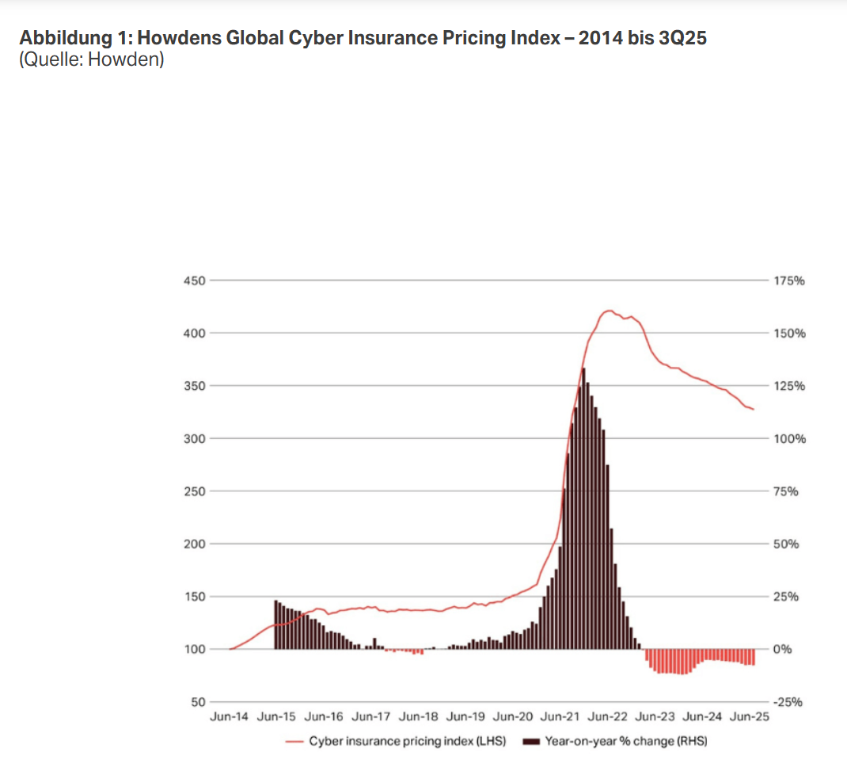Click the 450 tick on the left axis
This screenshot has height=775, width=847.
tap(195, 281)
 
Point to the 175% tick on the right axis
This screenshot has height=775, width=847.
tap(788, 281)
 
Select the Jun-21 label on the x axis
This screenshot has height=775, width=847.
tap(560, 716)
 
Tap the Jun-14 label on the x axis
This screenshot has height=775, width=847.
tap(229, 716)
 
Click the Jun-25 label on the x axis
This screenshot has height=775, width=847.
tap(750, 716)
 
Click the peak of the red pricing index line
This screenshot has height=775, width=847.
tap(608, 311)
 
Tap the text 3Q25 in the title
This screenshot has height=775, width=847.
tap(682, 37)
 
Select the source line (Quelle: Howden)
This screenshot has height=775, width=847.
tap(91, 59)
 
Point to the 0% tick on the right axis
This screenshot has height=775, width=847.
tap(782, 649)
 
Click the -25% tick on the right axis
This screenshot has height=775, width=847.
tap(787, 702)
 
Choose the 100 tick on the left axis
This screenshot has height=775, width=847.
tap(195, 649)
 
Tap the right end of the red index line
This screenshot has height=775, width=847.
tap(754, 409)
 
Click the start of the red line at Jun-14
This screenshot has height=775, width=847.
tap(230, 649)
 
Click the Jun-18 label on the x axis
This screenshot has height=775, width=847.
tap(418, 716)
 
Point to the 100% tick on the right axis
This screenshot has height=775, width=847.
tap(788, 438)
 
